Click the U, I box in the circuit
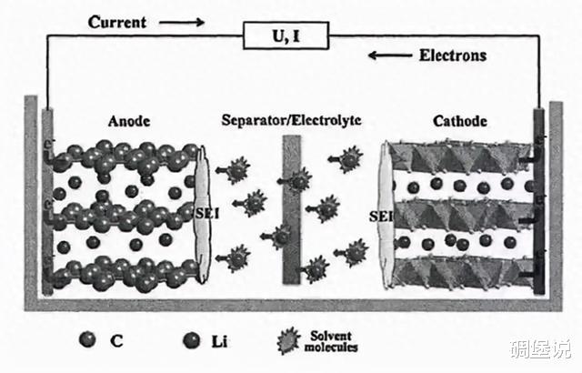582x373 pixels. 286,35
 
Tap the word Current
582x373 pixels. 117,22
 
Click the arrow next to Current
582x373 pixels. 182,23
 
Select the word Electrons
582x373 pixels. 453,55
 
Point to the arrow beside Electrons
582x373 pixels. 390,55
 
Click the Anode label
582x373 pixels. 129,121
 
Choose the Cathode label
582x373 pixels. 460,121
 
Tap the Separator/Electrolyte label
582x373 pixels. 291,120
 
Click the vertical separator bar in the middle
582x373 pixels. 292,209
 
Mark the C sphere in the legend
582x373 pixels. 87,339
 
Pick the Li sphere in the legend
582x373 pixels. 192,340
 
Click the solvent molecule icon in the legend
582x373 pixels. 288,340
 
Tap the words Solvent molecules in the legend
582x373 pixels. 331,341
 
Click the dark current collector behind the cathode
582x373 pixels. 539,202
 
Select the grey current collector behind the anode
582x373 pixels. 47,202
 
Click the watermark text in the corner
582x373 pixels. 540,348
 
